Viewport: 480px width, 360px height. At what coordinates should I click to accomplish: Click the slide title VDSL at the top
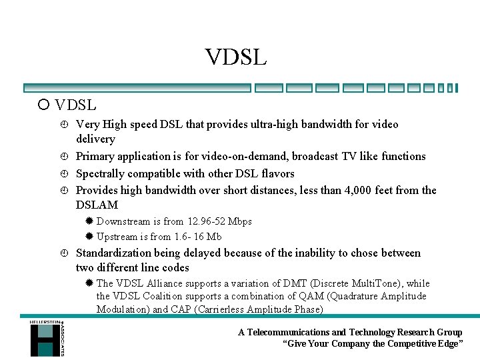(236, 57)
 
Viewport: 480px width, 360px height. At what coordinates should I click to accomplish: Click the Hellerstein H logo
(45, 338)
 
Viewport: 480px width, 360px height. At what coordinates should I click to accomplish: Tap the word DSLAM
(97, 205)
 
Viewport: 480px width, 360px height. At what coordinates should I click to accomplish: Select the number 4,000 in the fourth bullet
(343, 190)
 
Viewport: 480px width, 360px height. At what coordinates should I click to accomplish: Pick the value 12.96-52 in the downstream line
(204, 221)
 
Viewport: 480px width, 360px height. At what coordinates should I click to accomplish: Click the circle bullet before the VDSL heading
(43, 105)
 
